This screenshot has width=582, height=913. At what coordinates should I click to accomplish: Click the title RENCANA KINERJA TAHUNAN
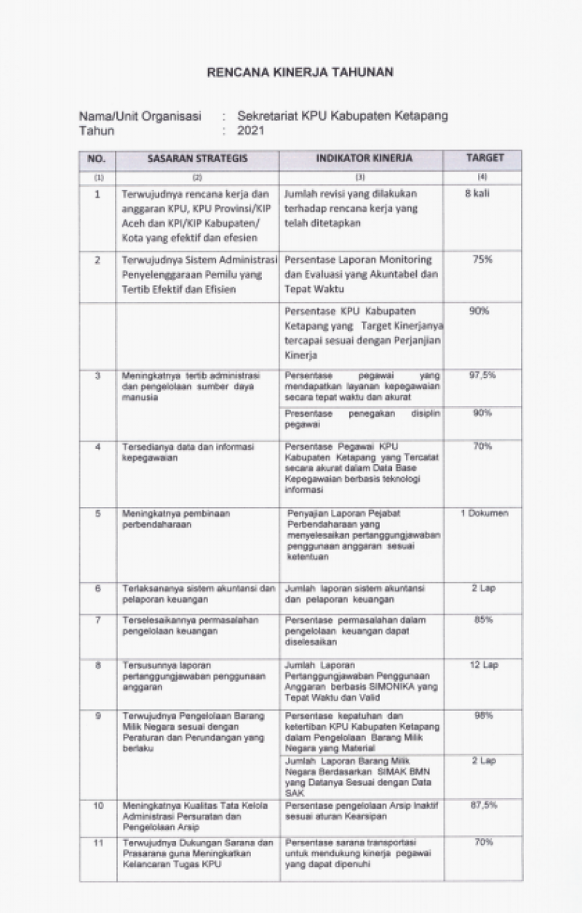pyautogui.click(x=300, y=72)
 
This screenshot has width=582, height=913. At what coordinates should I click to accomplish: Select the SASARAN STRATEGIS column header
pyautogui.click(x=196, y=158)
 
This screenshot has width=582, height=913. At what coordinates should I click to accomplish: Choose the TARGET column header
pyautogui.click(x=484, y=158)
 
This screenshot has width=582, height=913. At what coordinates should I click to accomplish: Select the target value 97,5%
pyautogui.click(x=483, y=375)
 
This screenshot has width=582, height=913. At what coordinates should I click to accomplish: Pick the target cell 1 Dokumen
pyautogui.click(x=484, y=514)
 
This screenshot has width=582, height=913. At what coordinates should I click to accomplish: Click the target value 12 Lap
pyautogui.click(x=483, y=666)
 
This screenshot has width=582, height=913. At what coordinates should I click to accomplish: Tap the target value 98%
pyautogui.click(x=483, y=716)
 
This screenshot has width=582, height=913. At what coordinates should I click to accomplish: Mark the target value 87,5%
pyautogui.click(x=483, y=805)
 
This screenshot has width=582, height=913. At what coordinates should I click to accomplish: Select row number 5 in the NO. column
pyautogui.click(x=97, y=514)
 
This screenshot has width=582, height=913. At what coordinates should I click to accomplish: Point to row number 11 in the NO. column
pyautogui.click(x=97, y=842)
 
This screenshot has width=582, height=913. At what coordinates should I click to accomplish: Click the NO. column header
pyautogui.click(x=97, y=158)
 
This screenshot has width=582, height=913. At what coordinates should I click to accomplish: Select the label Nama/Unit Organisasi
pyautogui.click(x=140, y=116)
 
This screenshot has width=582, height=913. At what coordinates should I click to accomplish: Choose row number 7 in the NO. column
pyautogui.click(x=97, y=620)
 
